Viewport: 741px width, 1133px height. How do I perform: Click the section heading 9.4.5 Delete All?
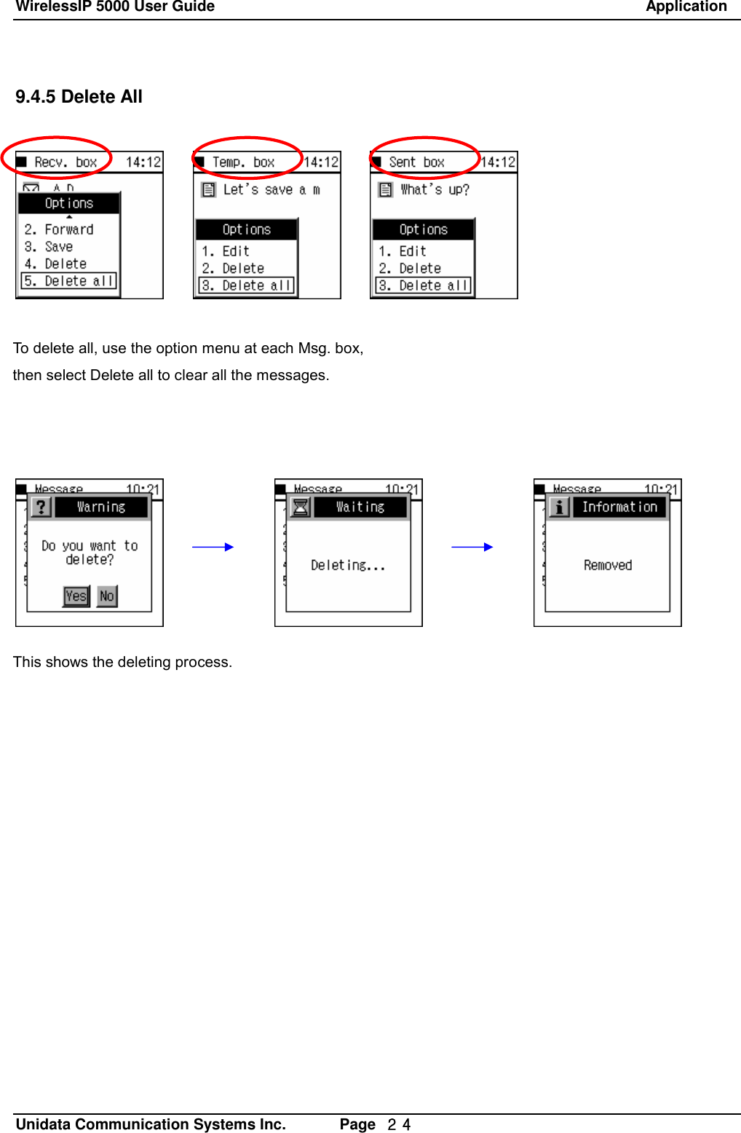79,97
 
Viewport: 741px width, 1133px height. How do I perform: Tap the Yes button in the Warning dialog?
76,596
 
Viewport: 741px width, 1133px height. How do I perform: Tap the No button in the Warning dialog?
107,596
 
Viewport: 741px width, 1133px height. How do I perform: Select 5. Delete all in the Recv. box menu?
69,281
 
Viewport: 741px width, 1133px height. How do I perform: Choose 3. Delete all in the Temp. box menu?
247,285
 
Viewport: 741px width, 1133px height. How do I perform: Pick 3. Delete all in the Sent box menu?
424,285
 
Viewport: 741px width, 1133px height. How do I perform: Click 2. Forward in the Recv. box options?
59,229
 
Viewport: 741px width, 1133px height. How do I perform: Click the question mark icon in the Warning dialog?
41,507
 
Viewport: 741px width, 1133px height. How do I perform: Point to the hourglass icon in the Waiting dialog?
300,507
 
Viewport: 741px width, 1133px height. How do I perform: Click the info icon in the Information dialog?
559,507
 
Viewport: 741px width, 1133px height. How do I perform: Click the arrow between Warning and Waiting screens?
213,547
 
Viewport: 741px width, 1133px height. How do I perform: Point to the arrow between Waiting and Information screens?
472,547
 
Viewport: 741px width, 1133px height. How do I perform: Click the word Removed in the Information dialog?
608,565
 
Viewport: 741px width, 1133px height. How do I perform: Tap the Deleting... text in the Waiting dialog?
348,565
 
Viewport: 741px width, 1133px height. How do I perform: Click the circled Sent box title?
417,162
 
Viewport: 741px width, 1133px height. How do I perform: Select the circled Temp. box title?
243,162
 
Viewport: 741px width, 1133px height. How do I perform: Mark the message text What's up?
435,190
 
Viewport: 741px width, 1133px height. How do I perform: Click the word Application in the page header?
686,7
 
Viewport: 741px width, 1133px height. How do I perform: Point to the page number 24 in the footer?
399,1124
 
